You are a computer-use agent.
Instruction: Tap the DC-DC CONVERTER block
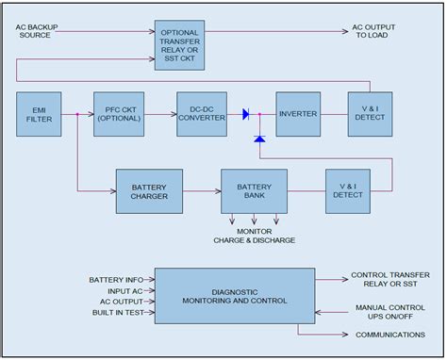pos(203,115)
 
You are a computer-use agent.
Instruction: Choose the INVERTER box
pos(299,115)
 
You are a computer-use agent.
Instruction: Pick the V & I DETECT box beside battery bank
pos(348,191)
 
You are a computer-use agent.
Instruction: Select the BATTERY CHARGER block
pos(148,191)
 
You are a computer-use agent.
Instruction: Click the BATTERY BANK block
pos(253,191)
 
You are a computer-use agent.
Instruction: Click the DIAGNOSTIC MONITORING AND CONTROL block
pos(234,295)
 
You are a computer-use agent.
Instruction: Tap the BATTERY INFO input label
pos(116,280)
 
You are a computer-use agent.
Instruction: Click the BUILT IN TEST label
pos(116,314)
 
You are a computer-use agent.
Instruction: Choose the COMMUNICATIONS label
pos(389,334)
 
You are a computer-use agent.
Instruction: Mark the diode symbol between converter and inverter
pos(246,115)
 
